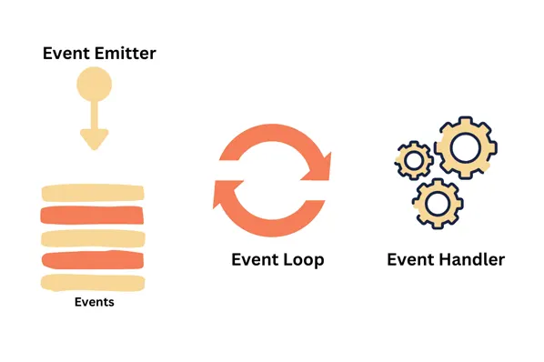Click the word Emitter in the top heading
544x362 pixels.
point(123,53)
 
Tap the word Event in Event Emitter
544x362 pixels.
point(65,53)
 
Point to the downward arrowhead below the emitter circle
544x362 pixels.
point(94,138)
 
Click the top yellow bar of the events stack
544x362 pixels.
point(92,193)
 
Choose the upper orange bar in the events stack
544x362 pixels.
point(92,216)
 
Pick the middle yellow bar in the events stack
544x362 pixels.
point(92,238)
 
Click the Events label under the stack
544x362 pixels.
point(94,302)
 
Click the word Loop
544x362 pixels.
point(300,259)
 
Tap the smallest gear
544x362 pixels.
point(415,162)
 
